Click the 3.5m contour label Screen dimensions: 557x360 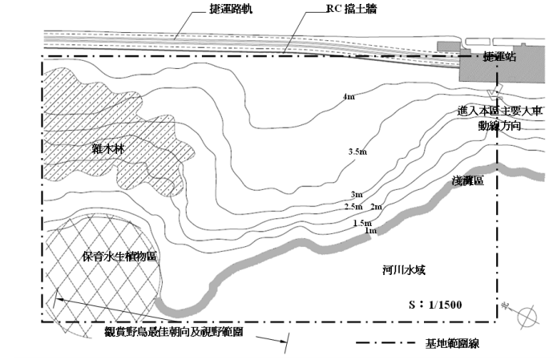click(357, 152)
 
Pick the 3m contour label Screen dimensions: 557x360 click(357, 196)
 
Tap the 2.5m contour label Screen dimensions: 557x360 click(353, 207)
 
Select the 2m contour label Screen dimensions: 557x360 click(377, 207)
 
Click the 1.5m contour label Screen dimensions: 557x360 click(363, 222)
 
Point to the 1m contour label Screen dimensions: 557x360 click(370, 231)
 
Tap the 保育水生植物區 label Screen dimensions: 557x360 click(119, 256)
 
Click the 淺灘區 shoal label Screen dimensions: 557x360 click(467, 183)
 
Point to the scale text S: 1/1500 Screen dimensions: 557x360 click(434, 305)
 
